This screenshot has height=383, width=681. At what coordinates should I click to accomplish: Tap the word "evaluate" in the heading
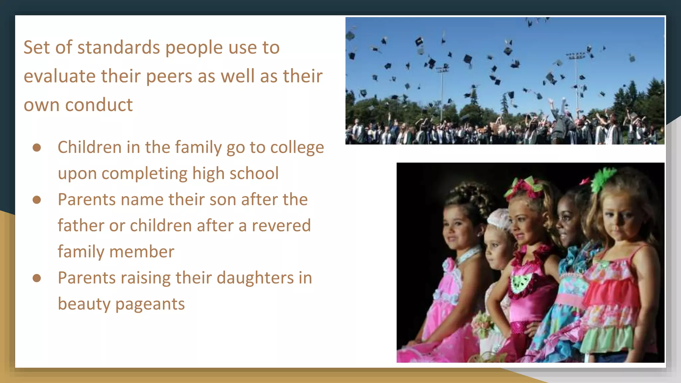click(60, 76)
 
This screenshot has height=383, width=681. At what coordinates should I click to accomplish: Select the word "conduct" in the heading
click(99, 105)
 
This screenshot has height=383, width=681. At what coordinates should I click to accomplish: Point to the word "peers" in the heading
click(169, 76)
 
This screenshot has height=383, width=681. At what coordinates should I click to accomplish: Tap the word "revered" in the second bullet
click(281, 225)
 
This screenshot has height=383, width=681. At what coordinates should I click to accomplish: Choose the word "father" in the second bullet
click(81, 225)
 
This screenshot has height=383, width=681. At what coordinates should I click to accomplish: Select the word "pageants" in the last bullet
click(150, 304)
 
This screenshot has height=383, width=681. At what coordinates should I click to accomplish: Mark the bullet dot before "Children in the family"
click(37, 148)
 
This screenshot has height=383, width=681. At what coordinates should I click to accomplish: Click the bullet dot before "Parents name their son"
click(37, 200)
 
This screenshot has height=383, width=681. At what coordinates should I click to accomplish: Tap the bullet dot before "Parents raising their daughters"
click(37, 278)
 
